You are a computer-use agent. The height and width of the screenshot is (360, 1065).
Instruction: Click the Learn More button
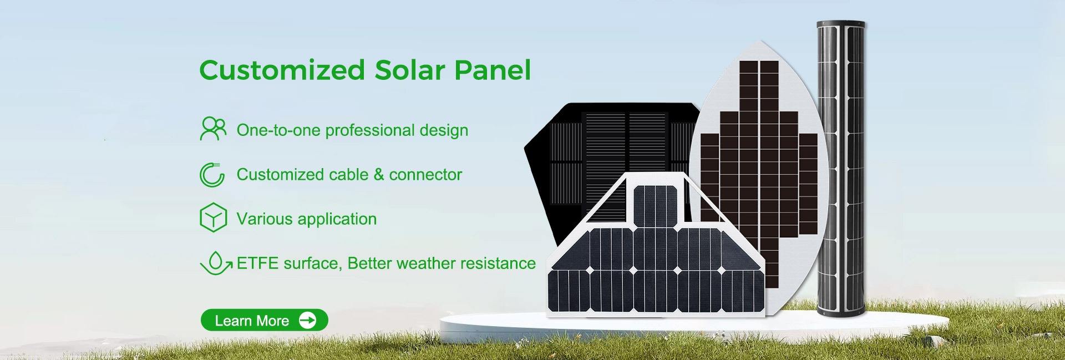[264, 320]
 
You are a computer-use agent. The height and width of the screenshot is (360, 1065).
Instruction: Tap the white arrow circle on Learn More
[307, 320]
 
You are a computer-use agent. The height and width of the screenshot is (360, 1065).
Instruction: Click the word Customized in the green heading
[282, 70]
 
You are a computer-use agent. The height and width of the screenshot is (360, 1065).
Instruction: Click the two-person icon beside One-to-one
[213, 129]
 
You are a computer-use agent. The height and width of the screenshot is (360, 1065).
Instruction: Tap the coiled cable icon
[212, 174]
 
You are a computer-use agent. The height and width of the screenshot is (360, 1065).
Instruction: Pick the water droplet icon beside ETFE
[216, 263]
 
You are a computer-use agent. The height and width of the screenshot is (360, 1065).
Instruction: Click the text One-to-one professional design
[352, 130]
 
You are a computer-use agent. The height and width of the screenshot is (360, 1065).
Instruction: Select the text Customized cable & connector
[349, 175]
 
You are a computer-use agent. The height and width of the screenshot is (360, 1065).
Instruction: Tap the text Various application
[306, 219]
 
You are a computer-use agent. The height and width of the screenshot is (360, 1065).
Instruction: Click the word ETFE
[257, 263]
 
